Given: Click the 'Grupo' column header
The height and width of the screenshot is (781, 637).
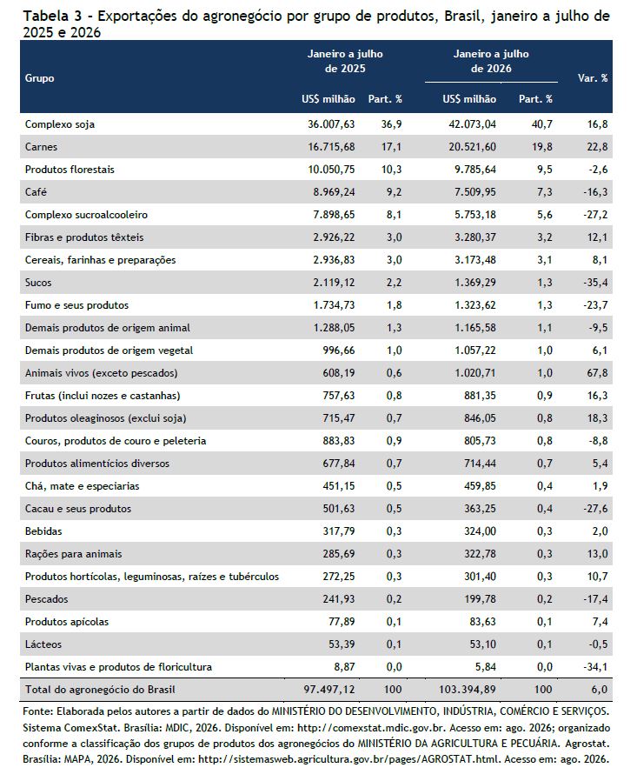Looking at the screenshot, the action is [39, 78].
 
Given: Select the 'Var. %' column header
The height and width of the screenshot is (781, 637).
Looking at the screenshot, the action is [592, 78].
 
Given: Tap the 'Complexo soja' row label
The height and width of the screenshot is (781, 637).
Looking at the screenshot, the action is [60, 124].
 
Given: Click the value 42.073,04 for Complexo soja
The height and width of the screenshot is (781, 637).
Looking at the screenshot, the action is [472, 124].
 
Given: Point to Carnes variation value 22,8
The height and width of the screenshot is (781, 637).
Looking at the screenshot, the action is [597, 147].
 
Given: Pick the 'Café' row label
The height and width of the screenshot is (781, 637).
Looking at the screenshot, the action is [36, 191].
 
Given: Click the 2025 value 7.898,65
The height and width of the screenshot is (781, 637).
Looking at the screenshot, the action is [334, 215].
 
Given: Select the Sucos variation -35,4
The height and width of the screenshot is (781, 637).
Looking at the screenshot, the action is [595, 283].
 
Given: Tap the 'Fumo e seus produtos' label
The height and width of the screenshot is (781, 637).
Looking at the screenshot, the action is [76, 305].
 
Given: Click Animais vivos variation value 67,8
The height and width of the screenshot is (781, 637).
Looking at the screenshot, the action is [597, 373].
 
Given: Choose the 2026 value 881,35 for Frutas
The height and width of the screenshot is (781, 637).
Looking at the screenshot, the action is [480, 396].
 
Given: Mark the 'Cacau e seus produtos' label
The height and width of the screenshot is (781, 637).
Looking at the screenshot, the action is [78, 509].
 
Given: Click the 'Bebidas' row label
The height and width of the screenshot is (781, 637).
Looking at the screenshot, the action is [43, 531].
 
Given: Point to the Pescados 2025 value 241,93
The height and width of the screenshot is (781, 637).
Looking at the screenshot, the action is [339, 599].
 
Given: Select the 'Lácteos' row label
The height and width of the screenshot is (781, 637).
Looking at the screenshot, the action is [43, 644].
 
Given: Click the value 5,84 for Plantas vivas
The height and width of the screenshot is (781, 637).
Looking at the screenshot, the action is [485, 667].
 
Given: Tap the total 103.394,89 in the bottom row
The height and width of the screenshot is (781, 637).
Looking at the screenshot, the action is [468, 690].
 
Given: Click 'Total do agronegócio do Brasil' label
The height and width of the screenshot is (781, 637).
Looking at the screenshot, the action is [100, 690].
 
